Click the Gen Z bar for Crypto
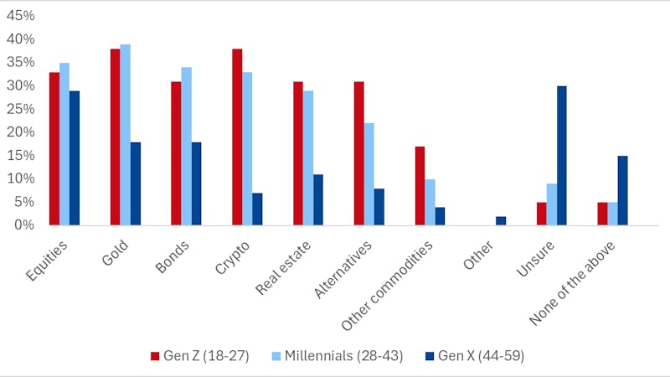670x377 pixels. coord(237,137)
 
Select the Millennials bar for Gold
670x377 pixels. coord(125,135)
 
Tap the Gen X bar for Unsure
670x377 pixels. coord(562,155)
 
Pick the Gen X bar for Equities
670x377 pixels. coord(75,158)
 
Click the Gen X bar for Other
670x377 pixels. coord(501,220)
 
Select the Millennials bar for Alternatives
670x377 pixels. coord(368,173)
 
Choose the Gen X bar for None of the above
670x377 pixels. coord(622,190)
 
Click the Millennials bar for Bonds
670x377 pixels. coord(186,146)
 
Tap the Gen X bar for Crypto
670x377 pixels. coord(257,209)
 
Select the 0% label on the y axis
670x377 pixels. coord(25,225)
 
